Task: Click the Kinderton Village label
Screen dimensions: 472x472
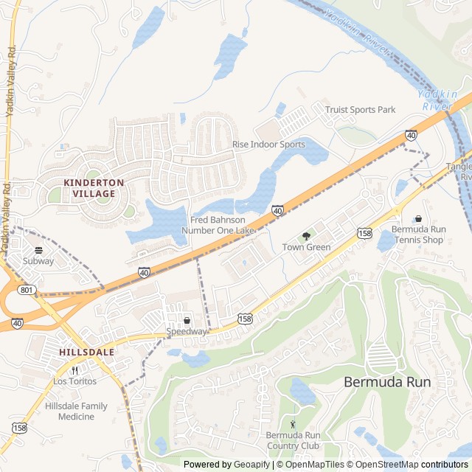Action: [89, 187]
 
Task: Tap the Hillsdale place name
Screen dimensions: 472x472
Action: [87, 353]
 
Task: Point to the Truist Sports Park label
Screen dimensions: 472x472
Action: [361, 110]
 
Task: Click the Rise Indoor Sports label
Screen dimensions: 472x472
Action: [268, 145]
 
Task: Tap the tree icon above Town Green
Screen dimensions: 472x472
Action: [306, 236]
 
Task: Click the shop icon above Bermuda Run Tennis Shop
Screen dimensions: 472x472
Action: [418, 218]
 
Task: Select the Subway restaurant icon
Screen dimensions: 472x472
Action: [38, 250]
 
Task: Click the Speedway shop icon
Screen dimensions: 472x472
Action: [187, 321]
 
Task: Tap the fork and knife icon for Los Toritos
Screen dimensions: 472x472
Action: [74, 370]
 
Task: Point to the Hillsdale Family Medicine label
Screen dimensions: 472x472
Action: [76, 412]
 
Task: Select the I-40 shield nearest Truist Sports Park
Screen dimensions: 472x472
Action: [410, 136]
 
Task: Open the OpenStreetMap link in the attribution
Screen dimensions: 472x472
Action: [383, 465]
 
